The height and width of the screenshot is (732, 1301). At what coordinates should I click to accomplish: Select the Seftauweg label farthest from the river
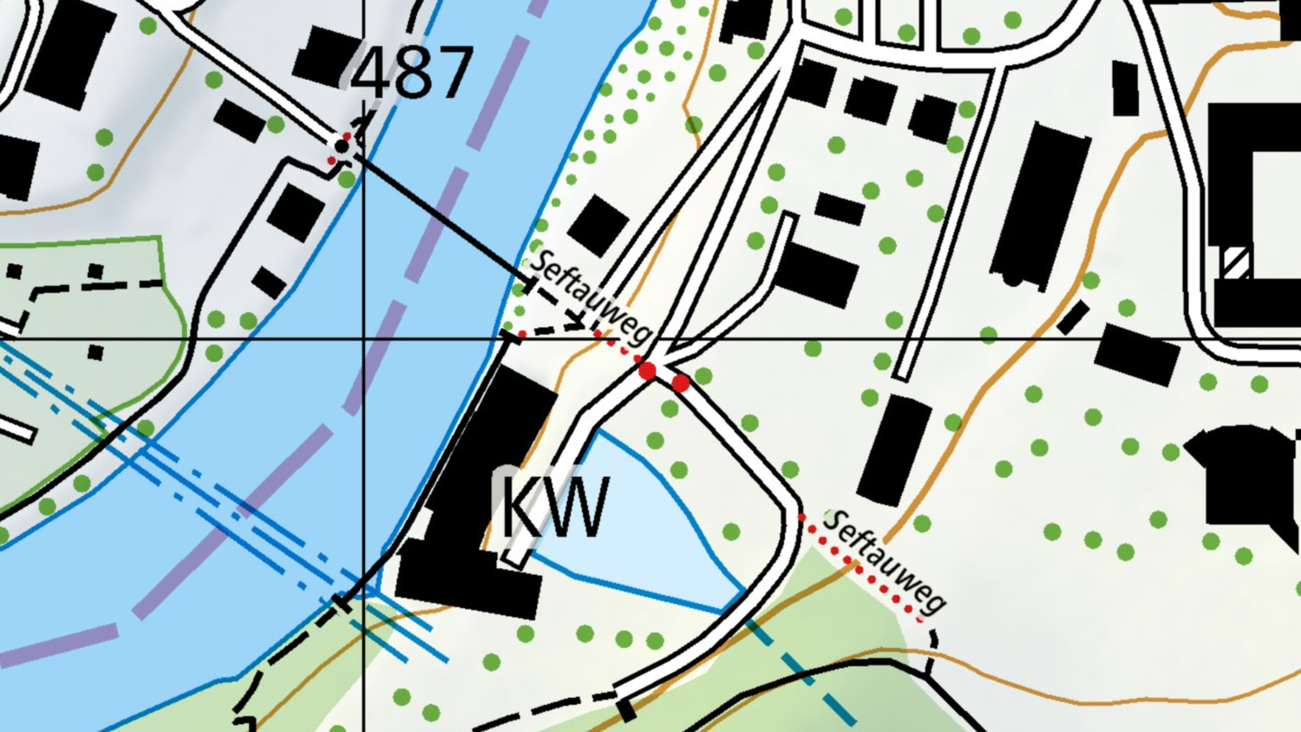click(885, 560)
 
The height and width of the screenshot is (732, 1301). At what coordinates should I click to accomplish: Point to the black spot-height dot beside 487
click(342, 147)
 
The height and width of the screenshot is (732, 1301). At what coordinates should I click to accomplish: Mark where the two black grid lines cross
click(363, 339)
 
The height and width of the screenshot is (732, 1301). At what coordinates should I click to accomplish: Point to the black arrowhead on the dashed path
click(578, 320)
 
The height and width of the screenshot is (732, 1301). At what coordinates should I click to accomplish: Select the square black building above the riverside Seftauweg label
click(598, 225)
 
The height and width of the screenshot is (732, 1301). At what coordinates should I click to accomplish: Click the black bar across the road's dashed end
click(626, 710)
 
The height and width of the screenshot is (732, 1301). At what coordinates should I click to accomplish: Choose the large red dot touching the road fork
click(647, 371)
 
